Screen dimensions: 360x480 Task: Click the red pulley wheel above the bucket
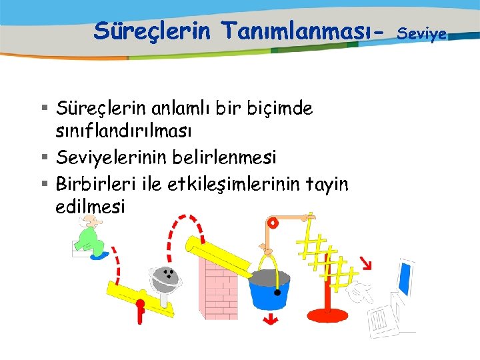[x=272, y=224]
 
